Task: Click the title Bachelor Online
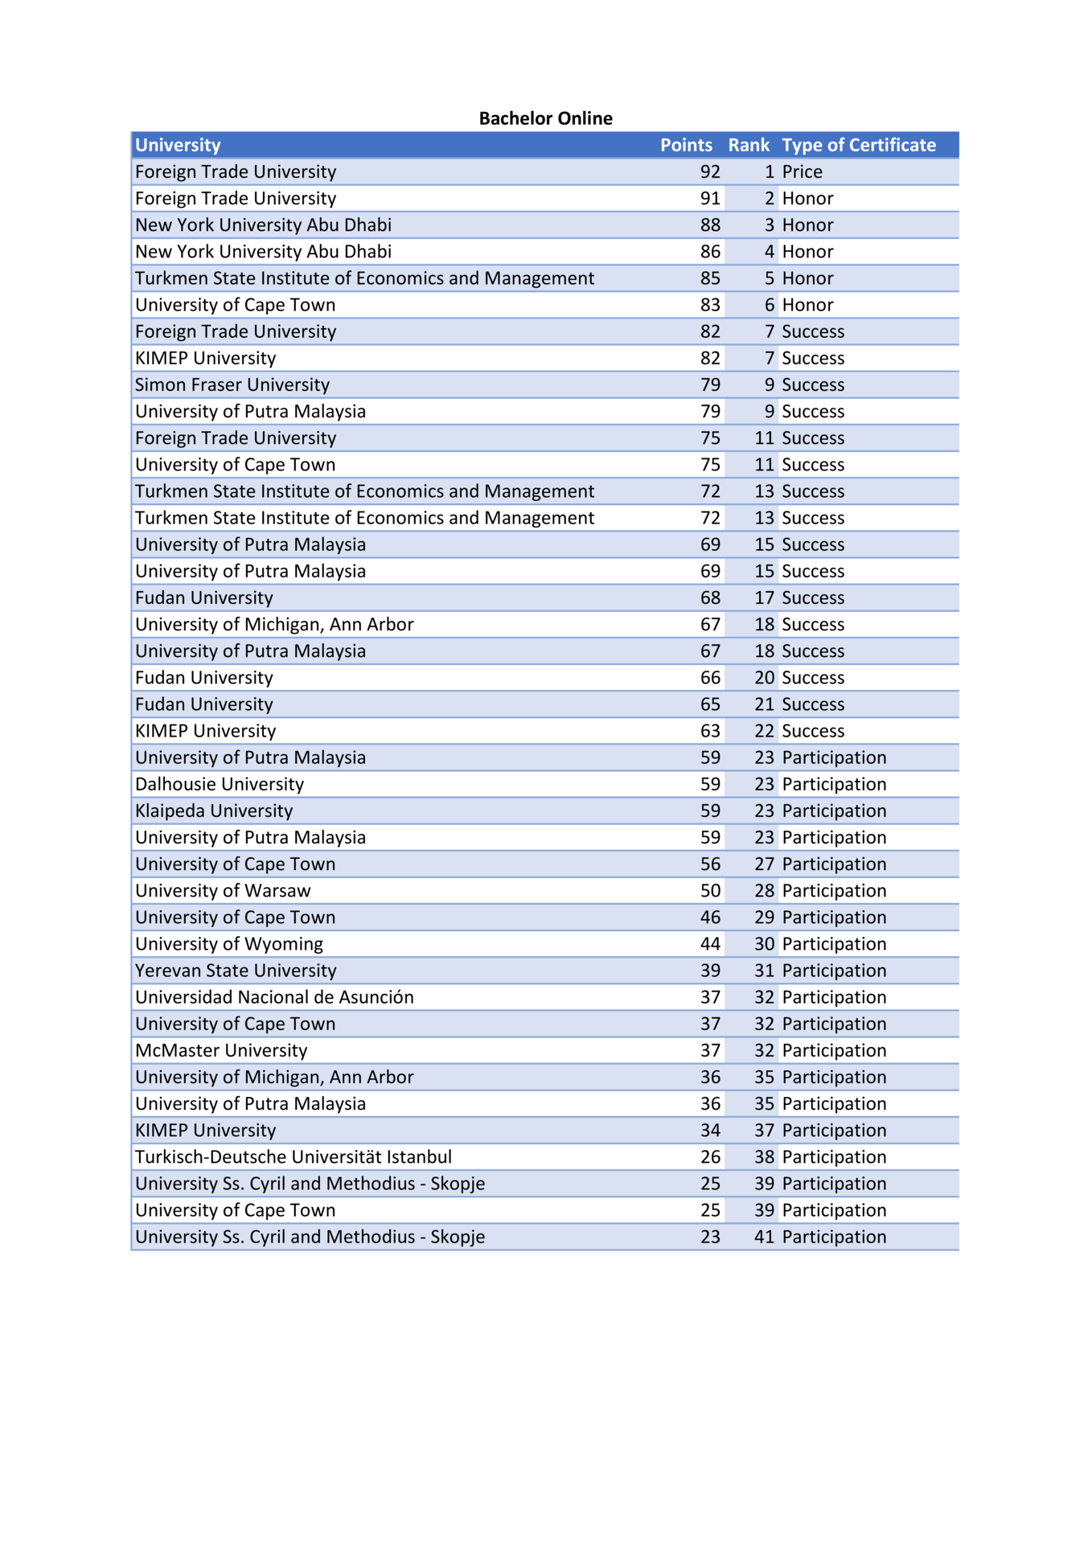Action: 545,118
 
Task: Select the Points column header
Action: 685,145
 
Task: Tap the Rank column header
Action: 748,145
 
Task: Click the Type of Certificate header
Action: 858,145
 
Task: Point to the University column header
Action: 178,145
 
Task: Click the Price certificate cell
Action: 802,171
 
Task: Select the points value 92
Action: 709,171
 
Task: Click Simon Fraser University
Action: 232,384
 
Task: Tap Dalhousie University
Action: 219,784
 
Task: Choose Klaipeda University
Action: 213,811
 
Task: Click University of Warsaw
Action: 222,890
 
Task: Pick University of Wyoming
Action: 228,943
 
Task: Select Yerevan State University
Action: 235,970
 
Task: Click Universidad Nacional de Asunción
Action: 273,997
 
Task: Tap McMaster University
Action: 220,1050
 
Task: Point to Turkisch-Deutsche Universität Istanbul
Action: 293,1156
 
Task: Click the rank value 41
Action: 763,1236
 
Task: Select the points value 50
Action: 709,890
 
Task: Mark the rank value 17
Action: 763,597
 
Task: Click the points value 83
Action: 709,305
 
